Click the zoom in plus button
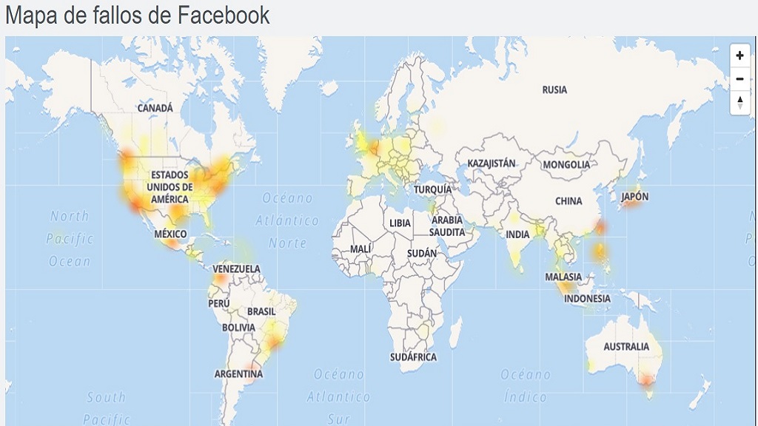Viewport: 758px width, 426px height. click(x=739, y=55)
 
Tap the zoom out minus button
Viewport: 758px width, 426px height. click(x=739, y=78)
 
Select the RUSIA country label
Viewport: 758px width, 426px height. click(x=554, y=89)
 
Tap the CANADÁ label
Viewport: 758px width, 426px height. click(x=155, y=108)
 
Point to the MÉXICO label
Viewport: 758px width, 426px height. click(x=170, y=234)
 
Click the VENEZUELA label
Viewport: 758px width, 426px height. click(x=236, y=268)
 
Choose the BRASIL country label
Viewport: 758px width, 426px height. click(x=261, y=311)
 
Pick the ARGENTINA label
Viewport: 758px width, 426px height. click(x=238, y=373)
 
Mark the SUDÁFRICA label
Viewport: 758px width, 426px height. click(x=414, y=356)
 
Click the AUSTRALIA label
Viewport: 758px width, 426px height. click(x=626, y=346)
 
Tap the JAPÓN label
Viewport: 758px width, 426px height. click(x=634, y=197)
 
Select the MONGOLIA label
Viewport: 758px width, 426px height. click(x=567, y=164)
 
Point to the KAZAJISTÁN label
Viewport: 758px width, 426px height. click(x=492, y=162)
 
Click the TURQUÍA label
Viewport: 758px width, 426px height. click(x=432, y=189)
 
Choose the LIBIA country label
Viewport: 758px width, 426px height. click(x=400, y=223)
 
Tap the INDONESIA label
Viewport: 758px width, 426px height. click(x=587, y=299)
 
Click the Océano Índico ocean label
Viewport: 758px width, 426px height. click(x=526, y=385)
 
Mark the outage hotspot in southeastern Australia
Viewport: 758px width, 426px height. click(x=648, y=381)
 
